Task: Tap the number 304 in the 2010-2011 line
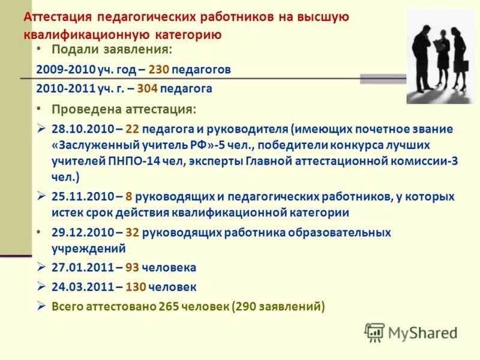coord(148,89)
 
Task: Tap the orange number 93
coord(134,268)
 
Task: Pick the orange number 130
coord(136,287)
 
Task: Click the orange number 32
coord(133,232)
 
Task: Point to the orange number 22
coord(133,129)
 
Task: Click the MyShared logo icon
coord(374,332)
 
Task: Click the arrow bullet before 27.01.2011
coord(41,267)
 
